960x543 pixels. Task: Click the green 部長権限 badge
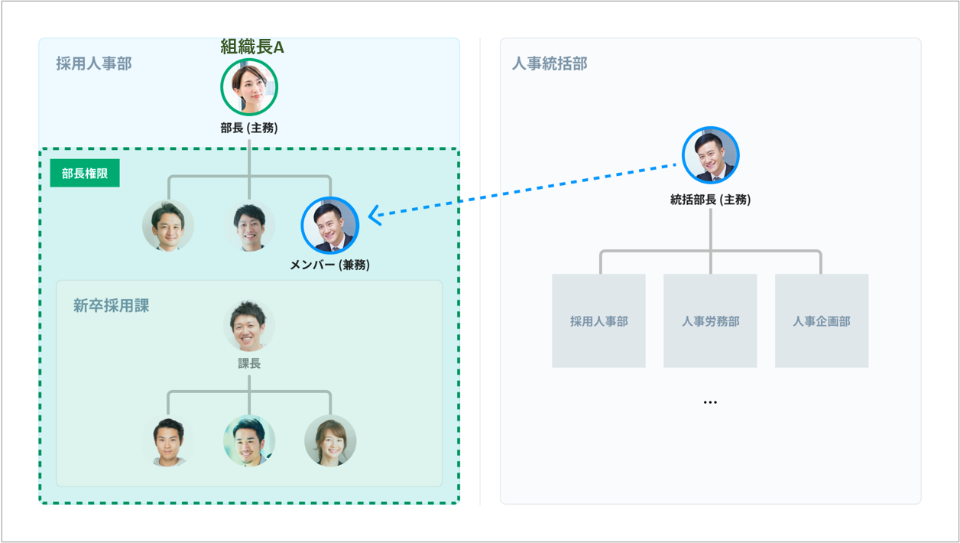point(85,174)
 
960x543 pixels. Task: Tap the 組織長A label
point(252,47)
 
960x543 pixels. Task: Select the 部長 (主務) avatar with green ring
point(249,87)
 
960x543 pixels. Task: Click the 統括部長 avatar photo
point(711,155)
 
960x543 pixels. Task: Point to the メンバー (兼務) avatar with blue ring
point(330,226)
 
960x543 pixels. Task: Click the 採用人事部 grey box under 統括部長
point(598,321)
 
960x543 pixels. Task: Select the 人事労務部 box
point(710,321)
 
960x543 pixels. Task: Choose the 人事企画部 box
point(822,321)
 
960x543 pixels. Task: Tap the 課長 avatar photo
point(249,326)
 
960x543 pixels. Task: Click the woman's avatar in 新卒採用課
point(330,441)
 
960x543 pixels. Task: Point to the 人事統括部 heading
point(550,63)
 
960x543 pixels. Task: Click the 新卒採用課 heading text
point(112,306)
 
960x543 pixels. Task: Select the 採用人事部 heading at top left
point(94,63)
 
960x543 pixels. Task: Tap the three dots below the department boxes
point(710,402)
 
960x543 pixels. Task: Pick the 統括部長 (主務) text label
point(711,200)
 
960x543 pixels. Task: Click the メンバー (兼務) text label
point(330,265)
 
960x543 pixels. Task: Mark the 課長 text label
point(249,363)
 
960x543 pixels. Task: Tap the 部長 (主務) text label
point(249,128)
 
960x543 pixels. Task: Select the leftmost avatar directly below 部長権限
point(168,226)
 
